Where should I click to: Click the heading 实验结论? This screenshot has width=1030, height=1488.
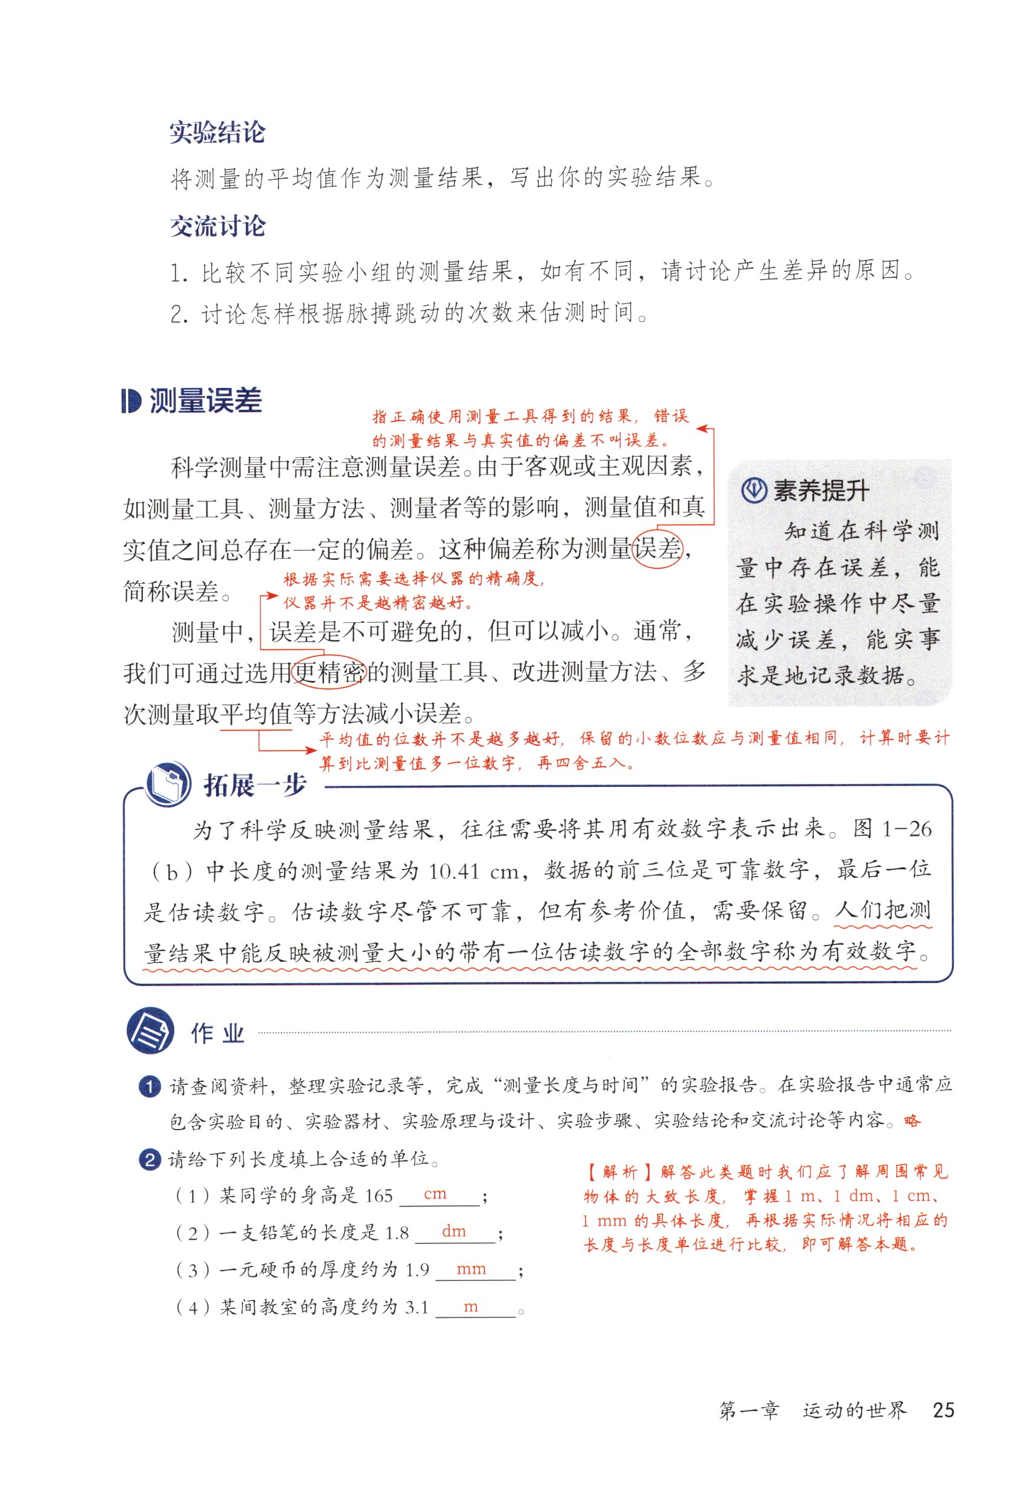[x=217, y=133]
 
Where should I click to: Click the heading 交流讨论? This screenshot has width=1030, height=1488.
[x=217, y=226]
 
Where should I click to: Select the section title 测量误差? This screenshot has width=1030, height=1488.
[x=205, y=401]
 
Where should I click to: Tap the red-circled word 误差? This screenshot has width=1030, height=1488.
[x=657, y=548]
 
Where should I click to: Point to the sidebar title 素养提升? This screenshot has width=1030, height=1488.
[x=821, y=491]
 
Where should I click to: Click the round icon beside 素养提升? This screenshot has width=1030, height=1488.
[x=753, y=491]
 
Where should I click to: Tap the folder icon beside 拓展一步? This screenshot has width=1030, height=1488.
[x=168, y=785]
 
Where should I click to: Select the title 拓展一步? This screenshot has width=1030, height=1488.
[x=256, y=785]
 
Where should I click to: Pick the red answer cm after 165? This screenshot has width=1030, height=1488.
[x=435, y=1193]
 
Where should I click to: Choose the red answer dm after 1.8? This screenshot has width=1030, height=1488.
[x=454, y=1231]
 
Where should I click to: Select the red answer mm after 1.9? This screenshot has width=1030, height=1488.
[x=471, y=1268]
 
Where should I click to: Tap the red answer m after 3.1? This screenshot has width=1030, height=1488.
[x=471, y=1306]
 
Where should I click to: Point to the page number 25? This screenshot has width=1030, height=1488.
[x=943, y=1410]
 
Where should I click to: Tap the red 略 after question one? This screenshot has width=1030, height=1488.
[x=911, y=1121]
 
